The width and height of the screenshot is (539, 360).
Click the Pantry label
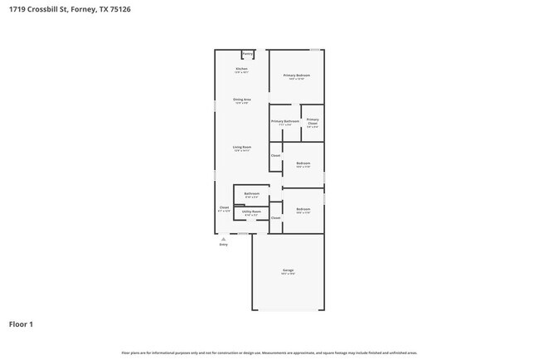[248, 54]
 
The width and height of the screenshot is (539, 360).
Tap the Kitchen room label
[241, 69]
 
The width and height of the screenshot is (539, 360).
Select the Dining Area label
[241, 100]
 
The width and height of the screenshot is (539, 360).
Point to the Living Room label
[241, 147]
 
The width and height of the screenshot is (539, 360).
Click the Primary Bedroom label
[297, 75]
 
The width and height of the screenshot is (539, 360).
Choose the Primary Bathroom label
[284, 121]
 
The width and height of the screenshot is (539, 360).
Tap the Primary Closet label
[312, 122]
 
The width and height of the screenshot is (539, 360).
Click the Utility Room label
[251, 212]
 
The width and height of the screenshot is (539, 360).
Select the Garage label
[288, 270]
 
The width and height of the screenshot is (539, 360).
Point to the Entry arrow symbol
[223, 239]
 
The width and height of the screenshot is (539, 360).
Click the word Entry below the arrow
[223, 245]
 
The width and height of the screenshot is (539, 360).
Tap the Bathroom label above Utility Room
[251, 194]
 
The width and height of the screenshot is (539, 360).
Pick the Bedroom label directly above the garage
[303, 209]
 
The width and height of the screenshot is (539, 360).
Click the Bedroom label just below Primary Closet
[303, 163]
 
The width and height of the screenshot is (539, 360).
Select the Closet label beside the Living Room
[275, 155]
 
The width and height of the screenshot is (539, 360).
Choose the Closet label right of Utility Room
[275, 217]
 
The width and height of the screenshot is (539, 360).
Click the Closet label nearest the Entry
[224, 207]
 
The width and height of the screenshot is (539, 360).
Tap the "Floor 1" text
[21, 324]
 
